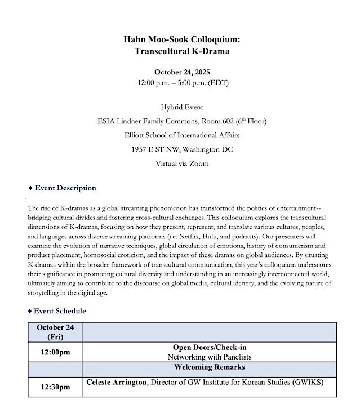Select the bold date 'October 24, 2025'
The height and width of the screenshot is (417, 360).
(182, 72)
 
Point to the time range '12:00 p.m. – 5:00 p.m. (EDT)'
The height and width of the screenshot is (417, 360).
(182, 83)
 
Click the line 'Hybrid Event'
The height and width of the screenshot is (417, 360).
(182, 107)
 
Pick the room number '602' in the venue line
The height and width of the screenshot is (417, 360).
(223, 121)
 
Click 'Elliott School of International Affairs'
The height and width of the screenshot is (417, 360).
(182, 135)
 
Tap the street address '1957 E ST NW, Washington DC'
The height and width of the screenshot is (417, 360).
(182, 149)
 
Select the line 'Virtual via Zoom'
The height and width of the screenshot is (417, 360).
(182, 163)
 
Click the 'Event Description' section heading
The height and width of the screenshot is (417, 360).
(65, 188)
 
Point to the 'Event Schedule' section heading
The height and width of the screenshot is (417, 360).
(60, 310)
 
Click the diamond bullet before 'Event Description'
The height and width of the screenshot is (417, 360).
(30, 188)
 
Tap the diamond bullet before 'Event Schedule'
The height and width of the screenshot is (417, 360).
(30, 310)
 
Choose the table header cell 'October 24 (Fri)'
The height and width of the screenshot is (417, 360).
(55, 332)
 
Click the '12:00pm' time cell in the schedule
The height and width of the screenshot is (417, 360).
(55, 352)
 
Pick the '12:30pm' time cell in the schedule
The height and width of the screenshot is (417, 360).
(55, 387)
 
